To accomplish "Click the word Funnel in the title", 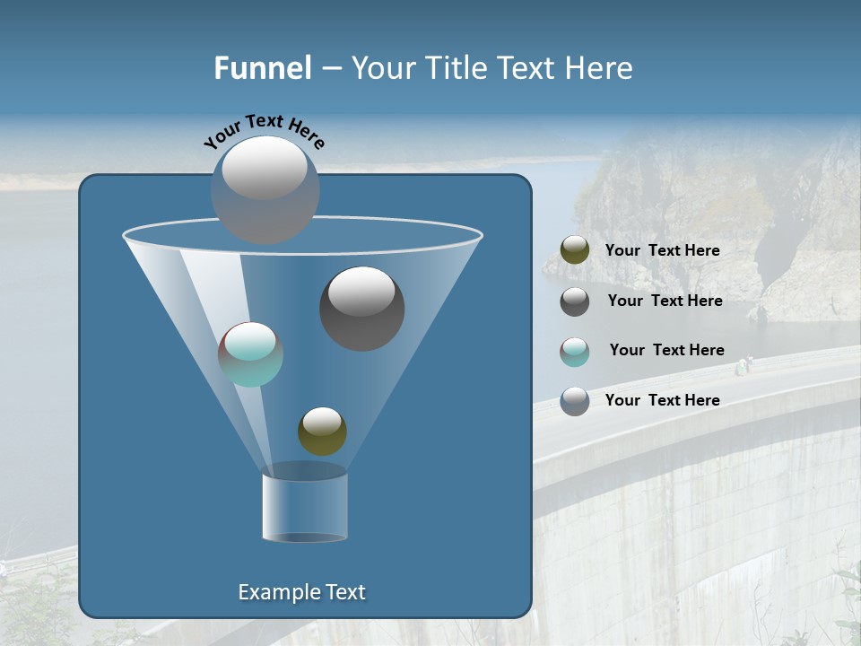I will click(x=262, y=68).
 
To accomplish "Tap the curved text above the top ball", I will click(x=265, y=131).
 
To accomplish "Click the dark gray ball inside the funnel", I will click(x=361, y=310).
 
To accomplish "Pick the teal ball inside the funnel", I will click(x=250, y=354).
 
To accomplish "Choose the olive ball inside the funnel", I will click(x=322, y=432).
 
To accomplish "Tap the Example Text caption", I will click(x=301, y=592).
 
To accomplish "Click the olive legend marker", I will click(x=575, y=250).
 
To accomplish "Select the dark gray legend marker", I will click(x=575, y=301).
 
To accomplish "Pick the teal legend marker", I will click(x=575, y=352).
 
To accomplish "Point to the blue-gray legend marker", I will click(x=575, y=401).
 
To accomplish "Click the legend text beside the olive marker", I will click(x=662, y=251).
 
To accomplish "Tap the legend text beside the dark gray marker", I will click(x=665, y=301).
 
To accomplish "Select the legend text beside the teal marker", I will click(x=666, y=351).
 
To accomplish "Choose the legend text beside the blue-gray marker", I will click(x=662, y=400).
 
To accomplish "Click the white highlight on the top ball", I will click(x=265, y=168).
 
